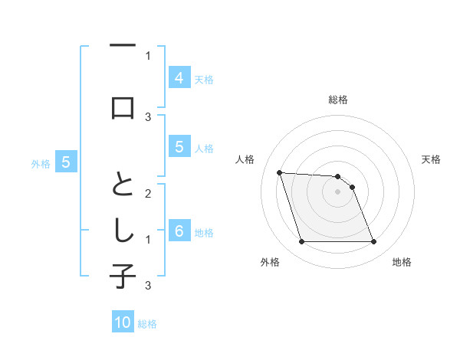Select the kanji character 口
[x=123, y=107]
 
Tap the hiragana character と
[x=123, y=184]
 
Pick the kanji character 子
[x=123, y=276]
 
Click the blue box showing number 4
[x=179, y=78]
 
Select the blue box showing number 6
[x=179, y=232]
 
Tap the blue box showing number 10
[x=123, y=323]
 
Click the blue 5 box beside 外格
[x=66, y=162]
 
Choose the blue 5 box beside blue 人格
[x=179, y=148]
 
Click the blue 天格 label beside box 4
[x=204, y=79]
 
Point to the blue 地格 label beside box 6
[x=204, y=233]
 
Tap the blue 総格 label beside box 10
[x=147, y=324]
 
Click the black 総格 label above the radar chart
[x=338, y=100]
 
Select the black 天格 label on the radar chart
[x=431, y=159]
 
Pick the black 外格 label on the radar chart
[x=270, y=262]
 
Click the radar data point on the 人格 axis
[x=280, y=173]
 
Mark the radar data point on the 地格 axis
[x=373, y=242]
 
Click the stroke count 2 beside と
[x=148, y=194]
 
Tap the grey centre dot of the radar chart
[x=338, y=191]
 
